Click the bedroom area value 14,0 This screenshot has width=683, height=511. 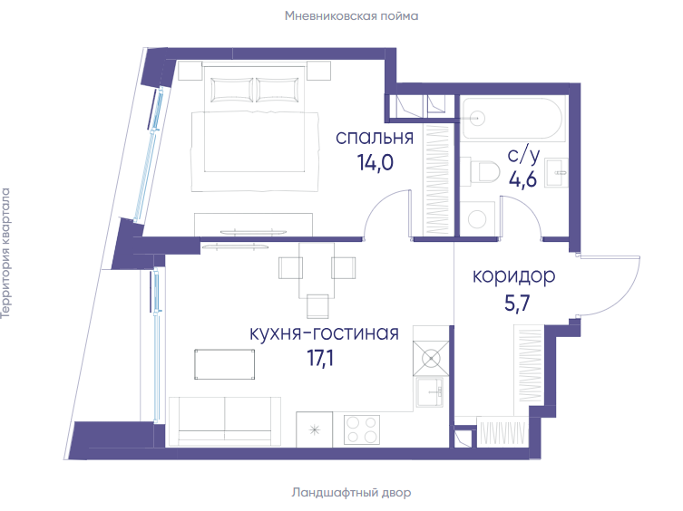point(375,163)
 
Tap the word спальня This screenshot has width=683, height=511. point(375,138)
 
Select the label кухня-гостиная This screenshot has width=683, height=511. point(324,333)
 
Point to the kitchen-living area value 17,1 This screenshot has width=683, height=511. point(320,358)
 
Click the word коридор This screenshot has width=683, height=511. point(514,277)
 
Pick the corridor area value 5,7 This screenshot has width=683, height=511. point(517,303)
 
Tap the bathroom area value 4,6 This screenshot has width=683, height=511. point(522,179)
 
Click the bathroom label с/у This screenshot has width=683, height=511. point(523,156)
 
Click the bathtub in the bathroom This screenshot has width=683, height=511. point(512,118)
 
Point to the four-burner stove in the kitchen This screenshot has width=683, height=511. point(362,429)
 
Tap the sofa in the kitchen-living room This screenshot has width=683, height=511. point(225,421)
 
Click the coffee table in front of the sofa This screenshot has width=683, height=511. point(225,364)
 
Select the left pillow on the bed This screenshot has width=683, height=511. point(231,90)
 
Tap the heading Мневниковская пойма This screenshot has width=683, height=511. point(352,16)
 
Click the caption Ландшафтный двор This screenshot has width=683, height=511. point(351,493)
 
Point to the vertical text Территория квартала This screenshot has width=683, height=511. point(6,254)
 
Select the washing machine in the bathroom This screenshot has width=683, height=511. point(477,219)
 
